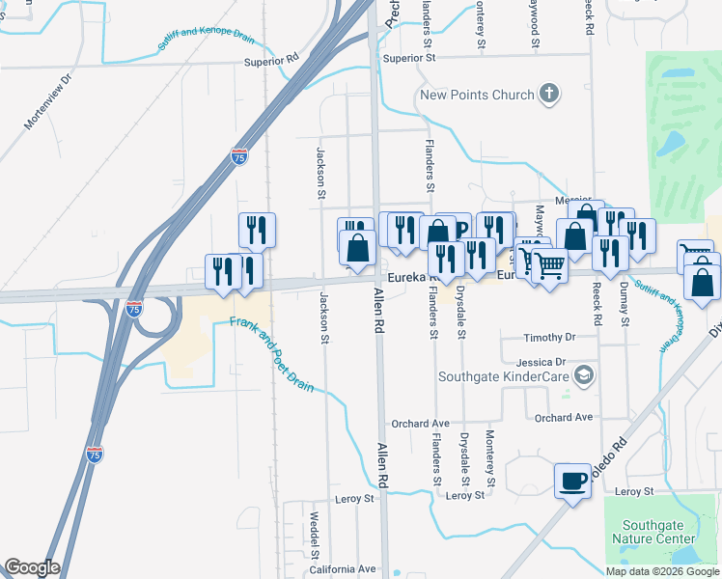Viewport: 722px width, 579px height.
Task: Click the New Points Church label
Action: pos(476,95)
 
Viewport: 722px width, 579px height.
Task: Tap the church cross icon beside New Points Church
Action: pos(549,94)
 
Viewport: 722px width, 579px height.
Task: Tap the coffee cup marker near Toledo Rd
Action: pos(572,480)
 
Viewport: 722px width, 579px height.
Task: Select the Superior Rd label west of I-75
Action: pos(272,60)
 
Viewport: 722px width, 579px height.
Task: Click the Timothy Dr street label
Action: pos(549,338)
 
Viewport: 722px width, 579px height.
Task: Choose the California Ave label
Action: pos(343,568)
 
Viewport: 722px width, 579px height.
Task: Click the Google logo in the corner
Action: pos(32,567)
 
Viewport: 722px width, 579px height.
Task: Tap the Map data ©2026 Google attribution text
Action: pos(663,571)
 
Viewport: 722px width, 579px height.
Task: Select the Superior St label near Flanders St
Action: pos(409,58)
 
